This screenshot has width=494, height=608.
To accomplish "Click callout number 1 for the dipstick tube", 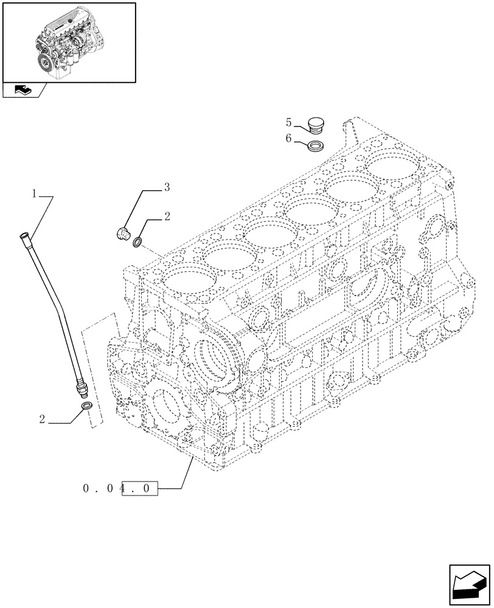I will tap(35, 194).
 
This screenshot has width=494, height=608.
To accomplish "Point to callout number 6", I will tap(288, 138).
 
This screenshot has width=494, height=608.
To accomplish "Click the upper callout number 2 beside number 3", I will tap(167, 216).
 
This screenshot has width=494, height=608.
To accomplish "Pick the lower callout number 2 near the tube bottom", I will tap(41, 419).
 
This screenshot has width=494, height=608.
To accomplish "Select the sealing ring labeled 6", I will tap(315, 145).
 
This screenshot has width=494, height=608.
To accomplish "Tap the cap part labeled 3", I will tap(124, 233).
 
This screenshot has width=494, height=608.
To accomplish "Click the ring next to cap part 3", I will tap(139, 243).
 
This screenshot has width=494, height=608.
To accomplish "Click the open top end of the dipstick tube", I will tap(24, 235).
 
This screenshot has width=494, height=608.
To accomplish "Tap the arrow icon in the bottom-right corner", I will tap(469, 587).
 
